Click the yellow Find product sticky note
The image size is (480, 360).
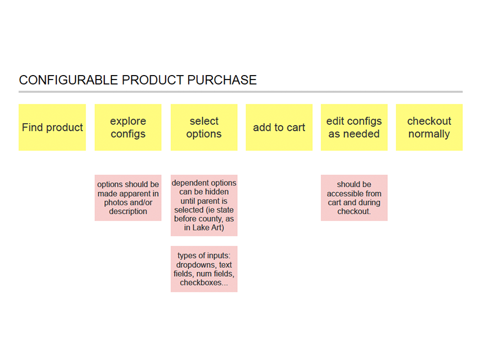tap(52, 127)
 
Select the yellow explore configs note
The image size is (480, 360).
tap(128, 127)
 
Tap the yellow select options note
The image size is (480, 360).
tap(204, 127)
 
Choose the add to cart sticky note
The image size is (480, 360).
tap(279, 127)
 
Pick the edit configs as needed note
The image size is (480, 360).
tap(354, 127)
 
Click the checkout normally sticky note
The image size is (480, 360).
tap(429, 127)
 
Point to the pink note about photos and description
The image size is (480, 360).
tap(128, 198)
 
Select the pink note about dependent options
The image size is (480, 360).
tap(204, 205)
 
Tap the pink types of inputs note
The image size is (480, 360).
tap(204, 269)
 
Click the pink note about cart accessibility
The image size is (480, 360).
tap(354, 198)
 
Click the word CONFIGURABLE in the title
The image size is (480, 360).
tap(68, 80)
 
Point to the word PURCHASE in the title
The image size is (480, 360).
tap(222, 80)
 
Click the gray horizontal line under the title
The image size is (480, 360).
tap(241, 92)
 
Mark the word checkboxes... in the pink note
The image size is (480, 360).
tap(204, 283)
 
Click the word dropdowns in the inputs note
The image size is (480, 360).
tap(196, 264)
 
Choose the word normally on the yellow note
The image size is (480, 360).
tap(429, 134)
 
